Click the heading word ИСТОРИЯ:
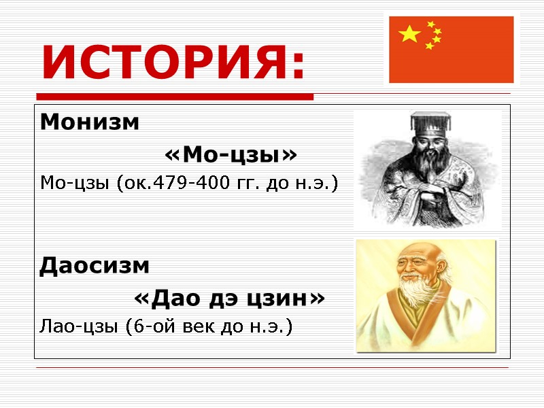[174, 63]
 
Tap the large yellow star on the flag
[409, 34]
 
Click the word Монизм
[90, 123]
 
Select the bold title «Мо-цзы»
[231, 156]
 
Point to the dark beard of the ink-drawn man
[427, 167]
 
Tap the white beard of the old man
[416, 299]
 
